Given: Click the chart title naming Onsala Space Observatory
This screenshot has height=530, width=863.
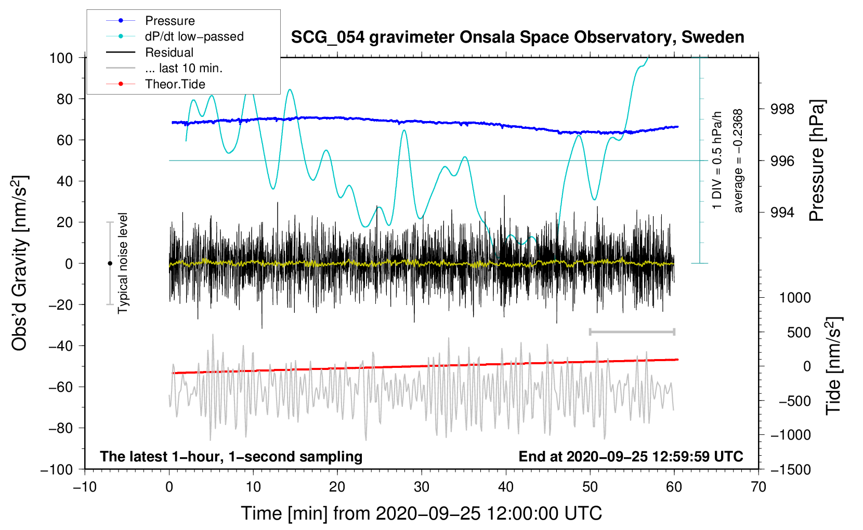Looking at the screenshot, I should click(x=517, y=37).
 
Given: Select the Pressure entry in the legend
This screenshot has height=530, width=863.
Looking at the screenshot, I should click(x=169, y=21).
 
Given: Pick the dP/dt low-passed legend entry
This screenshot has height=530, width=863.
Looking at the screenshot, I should click(x=194, y=36).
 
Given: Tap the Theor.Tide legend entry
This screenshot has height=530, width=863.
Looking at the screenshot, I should click(x=175, y=84).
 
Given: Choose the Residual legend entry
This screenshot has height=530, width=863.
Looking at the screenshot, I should click(x=169, y=52).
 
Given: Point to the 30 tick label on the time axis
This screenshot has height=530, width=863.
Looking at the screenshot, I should click(x=422, y=487).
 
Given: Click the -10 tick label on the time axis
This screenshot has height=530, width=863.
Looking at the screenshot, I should click(x=85, y=487).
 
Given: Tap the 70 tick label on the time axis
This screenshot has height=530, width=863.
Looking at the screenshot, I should click(x=759, y=487).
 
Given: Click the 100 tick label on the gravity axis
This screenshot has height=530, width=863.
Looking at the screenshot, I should click(x=61, y=58).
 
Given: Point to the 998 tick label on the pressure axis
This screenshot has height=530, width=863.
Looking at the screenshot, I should click(x=782, y=109).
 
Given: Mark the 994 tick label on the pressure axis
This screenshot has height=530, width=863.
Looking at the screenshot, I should click(x=782, y=213).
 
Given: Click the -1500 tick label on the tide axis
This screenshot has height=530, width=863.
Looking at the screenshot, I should click(x=790, y=469).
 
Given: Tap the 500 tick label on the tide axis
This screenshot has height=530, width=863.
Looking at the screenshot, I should click(x=799, y=332).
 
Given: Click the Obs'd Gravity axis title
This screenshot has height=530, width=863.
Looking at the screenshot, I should click(x=19, y=263).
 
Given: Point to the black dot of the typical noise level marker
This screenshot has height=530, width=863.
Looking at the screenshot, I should click(x=110, y=263).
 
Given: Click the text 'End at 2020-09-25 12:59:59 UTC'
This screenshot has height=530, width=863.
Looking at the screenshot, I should click(x=631, y=456).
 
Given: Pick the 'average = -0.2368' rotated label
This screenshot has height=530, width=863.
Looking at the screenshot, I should click(x=738, y=161).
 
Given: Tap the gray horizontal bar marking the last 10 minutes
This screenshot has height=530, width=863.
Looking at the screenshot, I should click(x=632, y=332).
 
